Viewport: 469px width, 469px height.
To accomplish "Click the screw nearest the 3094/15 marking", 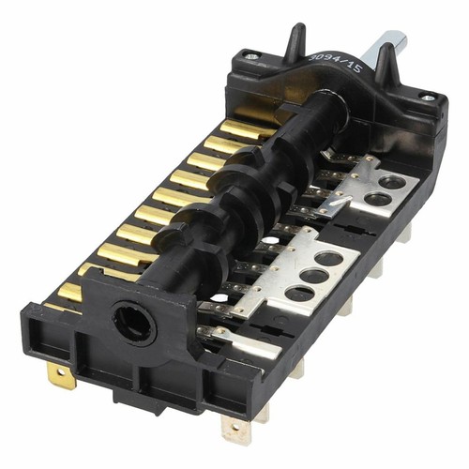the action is pos(250,57).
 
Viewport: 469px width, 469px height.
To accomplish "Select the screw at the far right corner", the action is pos(426,98).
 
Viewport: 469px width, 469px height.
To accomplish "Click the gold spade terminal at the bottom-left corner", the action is pos(62,377).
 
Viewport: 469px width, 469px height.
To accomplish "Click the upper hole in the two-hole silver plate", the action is pos(391,183).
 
